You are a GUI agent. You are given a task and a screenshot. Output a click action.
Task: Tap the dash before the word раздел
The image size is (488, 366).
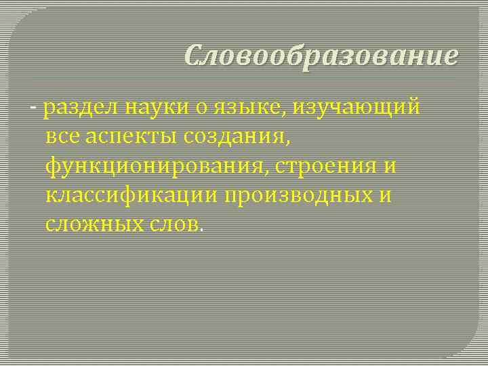pos(34,107)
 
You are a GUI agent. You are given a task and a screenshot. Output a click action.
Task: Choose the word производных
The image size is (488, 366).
pos(296,195)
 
